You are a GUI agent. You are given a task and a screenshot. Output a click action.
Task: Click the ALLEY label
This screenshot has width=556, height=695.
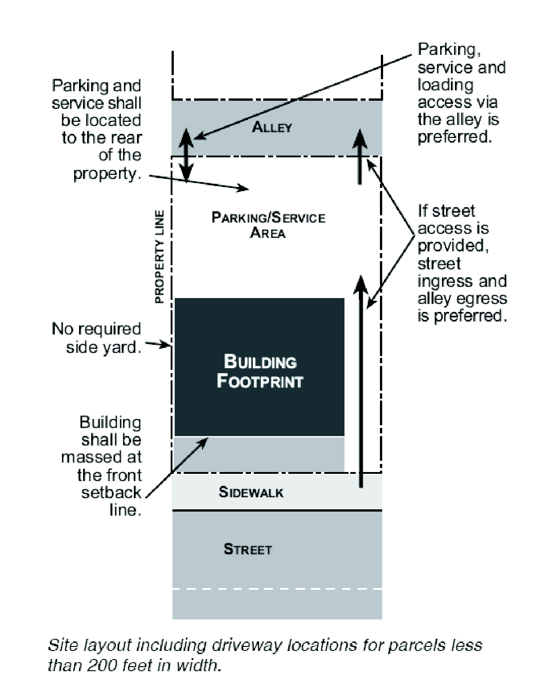coord(272,127)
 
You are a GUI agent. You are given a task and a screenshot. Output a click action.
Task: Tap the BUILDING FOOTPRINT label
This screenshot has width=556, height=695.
coord(260,371)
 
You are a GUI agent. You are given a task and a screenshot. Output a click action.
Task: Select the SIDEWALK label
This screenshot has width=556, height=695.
coord(251,492)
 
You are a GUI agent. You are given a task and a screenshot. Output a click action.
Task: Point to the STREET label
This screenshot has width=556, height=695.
coord(247,549)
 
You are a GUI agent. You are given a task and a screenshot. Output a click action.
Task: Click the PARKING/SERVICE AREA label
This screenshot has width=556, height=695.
coord(268,225)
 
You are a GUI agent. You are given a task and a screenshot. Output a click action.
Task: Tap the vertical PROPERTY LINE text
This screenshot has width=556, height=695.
coord(159,257)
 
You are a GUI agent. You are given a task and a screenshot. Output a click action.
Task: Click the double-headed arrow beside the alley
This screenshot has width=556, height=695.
coord(187,155)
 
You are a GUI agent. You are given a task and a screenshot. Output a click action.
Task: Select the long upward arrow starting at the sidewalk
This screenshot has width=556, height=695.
coord(361,382)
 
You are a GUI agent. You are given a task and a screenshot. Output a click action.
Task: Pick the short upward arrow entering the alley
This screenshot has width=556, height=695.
coord(360,157)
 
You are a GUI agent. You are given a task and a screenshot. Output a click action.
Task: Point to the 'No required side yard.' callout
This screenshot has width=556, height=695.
coord(97,338)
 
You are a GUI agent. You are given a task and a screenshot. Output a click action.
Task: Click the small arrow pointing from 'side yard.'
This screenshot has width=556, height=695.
coord(158,345)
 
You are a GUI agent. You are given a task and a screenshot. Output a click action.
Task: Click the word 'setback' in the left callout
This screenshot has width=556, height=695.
coord(111,492)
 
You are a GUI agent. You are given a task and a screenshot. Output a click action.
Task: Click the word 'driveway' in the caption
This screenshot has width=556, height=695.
coord(247,646)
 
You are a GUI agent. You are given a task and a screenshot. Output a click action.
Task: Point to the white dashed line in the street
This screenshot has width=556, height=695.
coord(277,588)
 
